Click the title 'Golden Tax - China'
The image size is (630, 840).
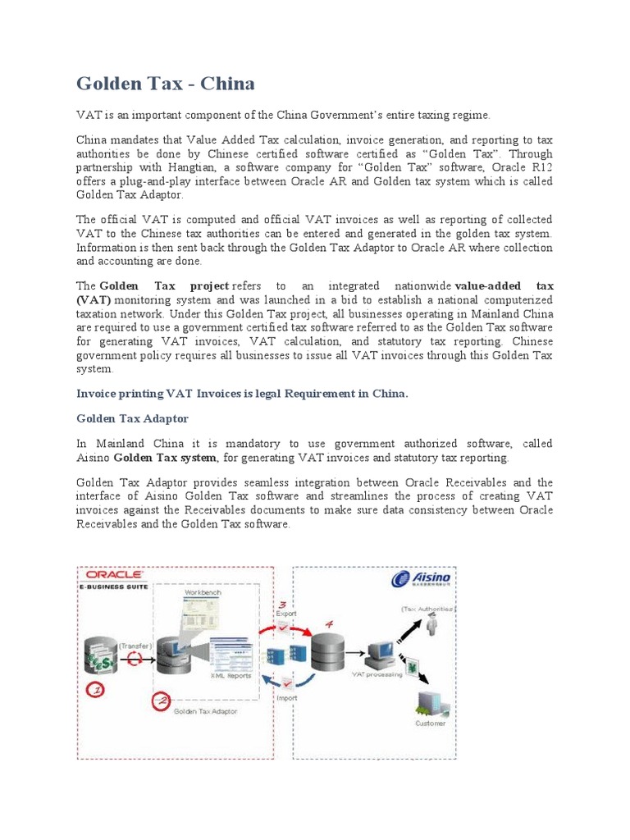click(x=165, y=84)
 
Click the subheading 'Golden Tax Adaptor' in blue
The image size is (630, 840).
click(x=132, y=418)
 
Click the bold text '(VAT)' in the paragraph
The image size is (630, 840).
click(x=94, y=300)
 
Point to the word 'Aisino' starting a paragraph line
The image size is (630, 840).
click(x=93, y=458)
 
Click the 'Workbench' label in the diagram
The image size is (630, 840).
click(x=202, y=591)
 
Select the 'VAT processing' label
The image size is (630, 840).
click(x=377, y=674)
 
